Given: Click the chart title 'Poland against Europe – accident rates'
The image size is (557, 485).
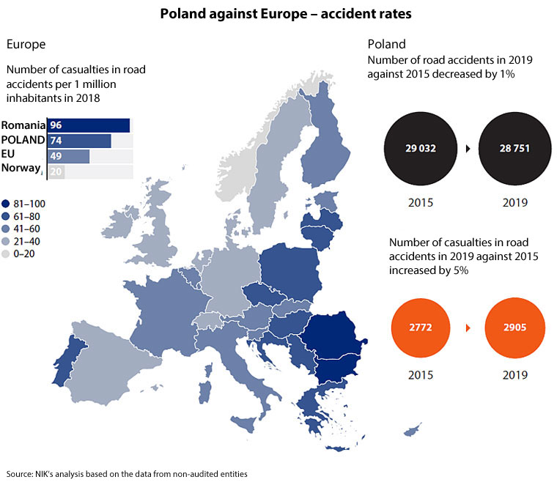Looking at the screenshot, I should click(278, 13).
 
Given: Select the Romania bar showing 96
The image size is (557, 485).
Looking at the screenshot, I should click(88, 125).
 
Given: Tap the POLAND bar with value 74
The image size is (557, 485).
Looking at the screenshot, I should click(79, 141).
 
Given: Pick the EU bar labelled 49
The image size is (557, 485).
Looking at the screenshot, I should click(68, 156).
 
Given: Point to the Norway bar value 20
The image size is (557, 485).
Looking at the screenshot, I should click(57, 172).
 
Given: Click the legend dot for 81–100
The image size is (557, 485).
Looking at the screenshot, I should click(6, 204).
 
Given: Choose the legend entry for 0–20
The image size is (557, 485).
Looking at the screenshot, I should click(6, 253).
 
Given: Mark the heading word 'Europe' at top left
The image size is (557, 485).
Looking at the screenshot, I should click(26, 44).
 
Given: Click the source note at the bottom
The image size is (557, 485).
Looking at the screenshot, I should click(127, 474).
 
